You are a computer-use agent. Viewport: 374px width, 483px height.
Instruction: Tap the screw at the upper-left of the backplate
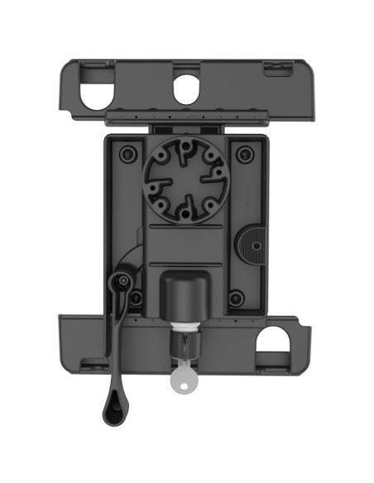click(126, 154)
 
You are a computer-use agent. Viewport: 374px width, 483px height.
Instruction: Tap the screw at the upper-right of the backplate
click(242, 154)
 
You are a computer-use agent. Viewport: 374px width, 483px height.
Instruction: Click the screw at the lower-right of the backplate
click(237, 298)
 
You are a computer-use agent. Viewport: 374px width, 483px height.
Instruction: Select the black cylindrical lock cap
click(184, 294)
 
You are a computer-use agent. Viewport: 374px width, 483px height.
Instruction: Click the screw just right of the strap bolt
click(136, 297)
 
